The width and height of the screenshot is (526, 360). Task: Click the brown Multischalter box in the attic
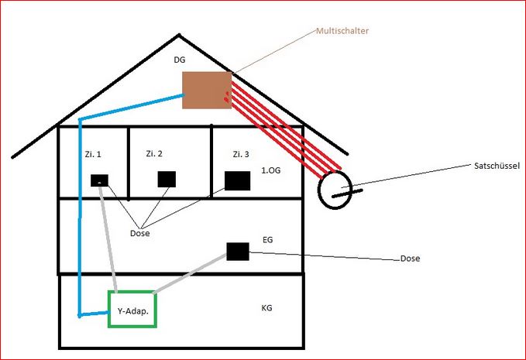207,90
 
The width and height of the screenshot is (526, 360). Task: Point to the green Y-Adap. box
132,309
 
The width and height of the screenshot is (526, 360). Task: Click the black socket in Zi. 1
100,180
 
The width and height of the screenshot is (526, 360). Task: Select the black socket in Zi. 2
167,180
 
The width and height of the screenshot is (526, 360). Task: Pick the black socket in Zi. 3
237,180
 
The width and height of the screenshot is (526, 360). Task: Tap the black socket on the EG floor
237,251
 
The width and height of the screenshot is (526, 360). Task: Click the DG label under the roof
179,59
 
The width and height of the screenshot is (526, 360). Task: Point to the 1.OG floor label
272,170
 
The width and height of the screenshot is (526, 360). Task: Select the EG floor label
269,241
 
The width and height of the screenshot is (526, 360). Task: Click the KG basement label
268,308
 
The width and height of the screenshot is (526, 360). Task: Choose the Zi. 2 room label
154,154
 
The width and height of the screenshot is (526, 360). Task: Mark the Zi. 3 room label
241,155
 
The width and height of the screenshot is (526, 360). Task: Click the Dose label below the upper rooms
140,233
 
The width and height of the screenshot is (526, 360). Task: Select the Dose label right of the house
410,259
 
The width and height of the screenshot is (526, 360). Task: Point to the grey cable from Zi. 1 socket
109,240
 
